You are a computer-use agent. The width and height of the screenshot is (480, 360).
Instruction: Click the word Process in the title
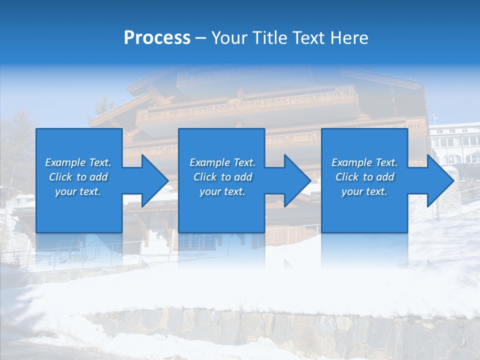tap(157, 38)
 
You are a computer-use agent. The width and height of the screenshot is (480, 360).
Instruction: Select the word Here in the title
tap(349, 38)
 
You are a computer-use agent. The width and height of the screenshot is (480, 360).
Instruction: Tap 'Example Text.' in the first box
tap(78, 162)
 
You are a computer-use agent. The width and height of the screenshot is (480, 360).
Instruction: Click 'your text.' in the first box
tap(78, 191)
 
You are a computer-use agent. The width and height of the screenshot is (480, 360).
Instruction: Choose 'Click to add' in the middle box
tap(222, 177)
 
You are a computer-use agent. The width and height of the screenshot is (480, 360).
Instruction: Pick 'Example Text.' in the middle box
tap(222, 162)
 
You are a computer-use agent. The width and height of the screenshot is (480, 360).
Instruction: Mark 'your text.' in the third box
tap(364, 191)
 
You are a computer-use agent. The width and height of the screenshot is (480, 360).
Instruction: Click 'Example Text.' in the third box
tap(364, 162)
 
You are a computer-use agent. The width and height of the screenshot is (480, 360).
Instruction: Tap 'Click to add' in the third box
tap(364, 177)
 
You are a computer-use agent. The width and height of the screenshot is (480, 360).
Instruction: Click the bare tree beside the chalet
tap(17, 145)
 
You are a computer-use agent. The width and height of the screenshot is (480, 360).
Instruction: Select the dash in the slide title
tap(201, 38)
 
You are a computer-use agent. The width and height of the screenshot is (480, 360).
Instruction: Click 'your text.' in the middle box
tap(222, 191)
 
